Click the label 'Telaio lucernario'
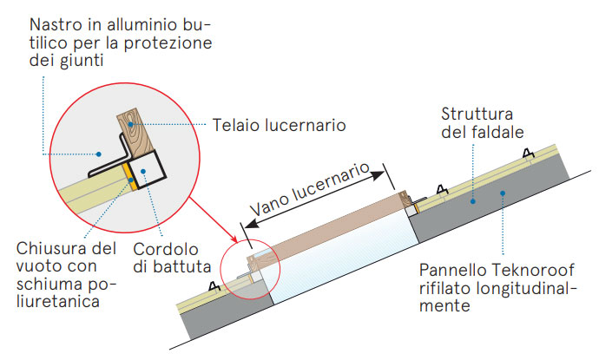280,125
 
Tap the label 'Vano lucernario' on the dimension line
310,188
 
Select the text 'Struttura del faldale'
482,123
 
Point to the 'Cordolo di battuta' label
172,258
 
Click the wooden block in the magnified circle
135,134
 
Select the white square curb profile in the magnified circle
147,169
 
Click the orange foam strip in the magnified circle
130,177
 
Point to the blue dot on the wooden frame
130,124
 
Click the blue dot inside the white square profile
143,172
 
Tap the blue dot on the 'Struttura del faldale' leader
473,201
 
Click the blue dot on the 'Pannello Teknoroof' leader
503,193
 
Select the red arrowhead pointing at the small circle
234,239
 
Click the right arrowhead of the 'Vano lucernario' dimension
378,175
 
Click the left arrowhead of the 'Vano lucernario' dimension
252,223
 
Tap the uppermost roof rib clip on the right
529,154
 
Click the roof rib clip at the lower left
214,286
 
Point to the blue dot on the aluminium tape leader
99,154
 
